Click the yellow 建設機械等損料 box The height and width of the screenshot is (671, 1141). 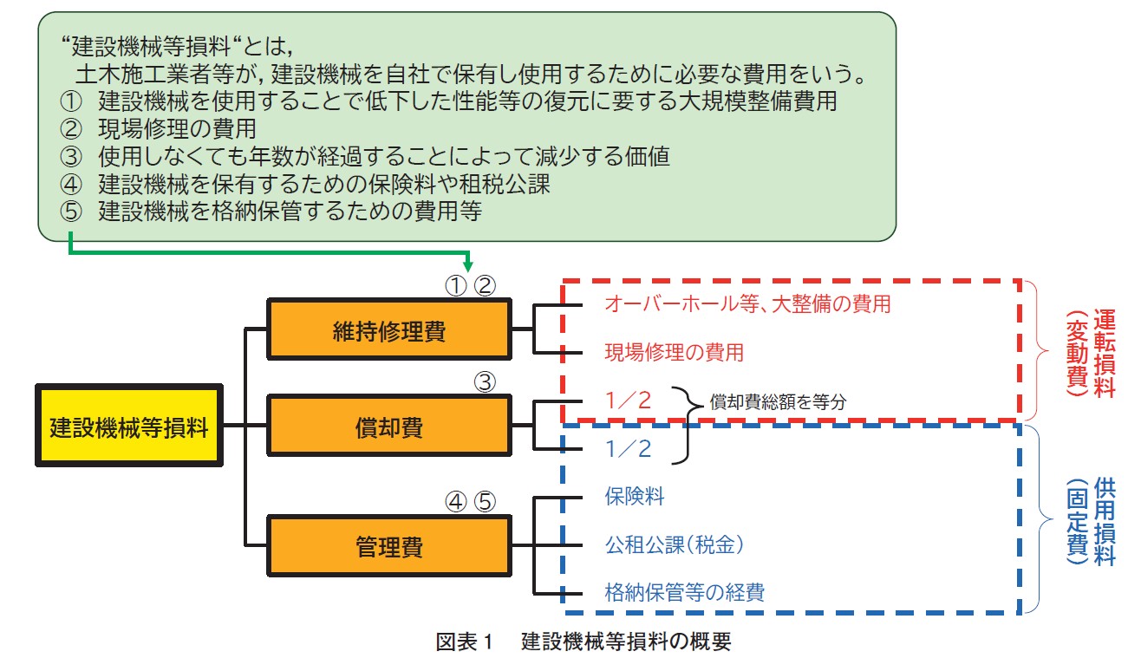coord(129,426)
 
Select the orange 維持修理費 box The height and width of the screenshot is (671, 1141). coord(389,329)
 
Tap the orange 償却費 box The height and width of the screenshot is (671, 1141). coord(389,426)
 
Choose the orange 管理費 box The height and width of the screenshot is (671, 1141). coord(389,545)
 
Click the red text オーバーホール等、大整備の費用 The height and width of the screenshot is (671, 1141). coord(747,304)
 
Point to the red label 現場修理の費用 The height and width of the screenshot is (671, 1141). coord(674,353)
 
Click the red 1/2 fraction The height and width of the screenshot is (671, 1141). coord(628,401)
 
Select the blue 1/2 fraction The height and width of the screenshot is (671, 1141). coord(628,449)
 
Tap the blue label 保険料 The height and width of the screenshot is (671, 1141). coord(635,496)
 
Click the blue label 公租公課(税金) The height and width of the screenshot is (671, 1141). coord(675,544)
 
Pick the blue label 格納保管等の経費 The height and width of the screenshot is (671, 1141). coord(685,592)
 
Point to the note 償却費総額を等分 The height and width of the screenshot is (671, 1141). coord(778,402)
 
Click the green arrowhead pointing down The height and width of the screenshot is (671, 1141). coord(467,265)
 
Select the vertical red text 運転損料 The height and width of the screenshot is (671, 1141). coord(1105,353)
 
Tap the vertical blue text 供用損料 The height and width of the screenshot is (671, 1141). coord(1105,521)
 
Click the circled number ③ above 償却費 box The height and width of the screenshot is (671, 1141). coord(485,382)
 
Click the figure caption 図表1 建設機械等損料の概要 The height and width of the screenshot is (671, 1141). coord(584,642)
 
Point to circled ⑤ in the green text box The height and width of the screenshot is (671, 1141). coord(70,212)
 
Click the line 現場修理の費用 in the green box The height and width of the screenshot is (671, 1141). coord(177,128)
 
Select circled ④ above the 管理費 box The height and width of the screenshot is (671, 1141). coord(456,502)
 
